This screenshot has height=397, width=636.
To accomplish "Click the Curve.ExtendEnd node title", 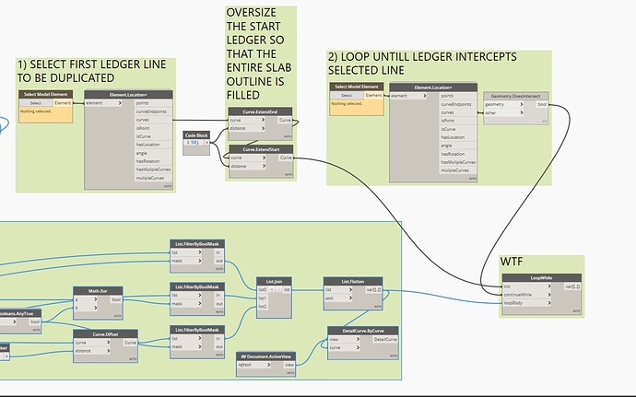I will click(259, 111).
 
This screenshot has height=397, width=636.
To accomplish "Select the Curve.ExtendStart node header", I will click(259, 148).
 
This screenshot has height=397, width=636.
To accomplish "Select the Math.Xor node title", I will click(99, 291).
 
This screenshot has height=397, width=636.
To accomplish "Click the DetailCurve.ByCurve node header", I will click(363, 331).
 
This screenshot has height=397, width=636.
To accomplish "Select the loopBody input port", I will click(516, 302).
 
